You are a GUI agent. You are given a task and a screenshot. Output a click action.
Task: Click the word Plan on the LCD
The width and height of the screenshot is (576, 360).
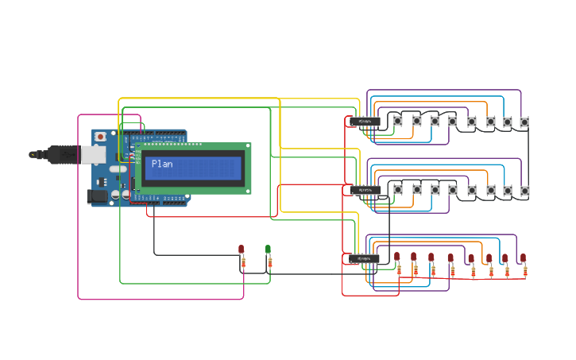pyautogui.click(x=162, y=164)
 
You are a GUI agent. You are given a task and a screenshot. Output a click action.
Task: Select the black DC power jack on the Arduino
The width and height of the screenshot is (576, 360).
pyautogui.click(x=96, y=195)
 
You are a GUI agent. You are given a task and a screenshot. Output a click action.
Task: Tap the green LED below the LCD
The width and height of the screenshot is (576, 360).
pyautogui.click(x=269, y=250)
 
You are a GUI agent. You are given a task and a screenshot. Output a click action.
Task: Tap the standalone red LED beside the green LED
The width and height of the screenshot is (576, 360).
pyautogui.click(x=242, y=250)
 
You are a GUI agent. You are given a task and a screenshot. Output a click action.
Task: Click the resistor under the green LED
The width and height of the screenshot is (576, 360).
pyautogui.click(x=269, y=263)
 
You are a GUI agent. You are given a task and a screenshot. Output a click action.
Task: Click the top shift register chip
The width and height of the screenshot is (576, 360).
pyautogui.click(x=365, y=122)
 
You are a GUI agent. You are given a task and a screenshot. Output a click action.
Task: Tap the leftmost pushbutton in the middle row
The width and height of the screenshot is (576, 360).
pyautogui.click(x=398, y=190)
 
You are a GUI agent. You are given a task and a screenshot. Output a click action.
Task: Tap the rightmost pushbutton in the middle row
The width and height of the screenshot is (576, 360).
pyautogui.click(x=524, y=191)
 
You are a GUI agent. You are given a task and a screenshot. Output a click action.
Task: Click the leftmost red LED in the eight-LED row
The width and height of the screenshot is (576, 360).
pyautogui.click(x=397, y=257)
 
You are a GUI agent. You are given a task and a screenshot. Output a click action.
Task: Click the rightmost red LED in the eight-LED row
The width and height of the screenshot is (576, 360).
pyautogui.click(x=524, y=258)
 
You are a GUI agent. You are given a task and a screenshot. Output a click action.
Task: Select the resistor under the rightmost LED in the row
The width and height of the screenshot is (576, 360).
pyautogui.click(x=525, y=272)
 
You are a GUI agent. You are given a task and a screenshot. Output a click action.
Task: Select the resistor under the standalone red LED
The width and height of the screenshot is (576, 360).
pyautogui.click(x=243, y=263)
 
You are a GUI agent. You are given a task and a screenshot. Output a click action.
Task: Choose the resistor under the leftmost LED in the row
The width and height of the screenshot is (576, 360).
pyautogui.click(x=399, y=270)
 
